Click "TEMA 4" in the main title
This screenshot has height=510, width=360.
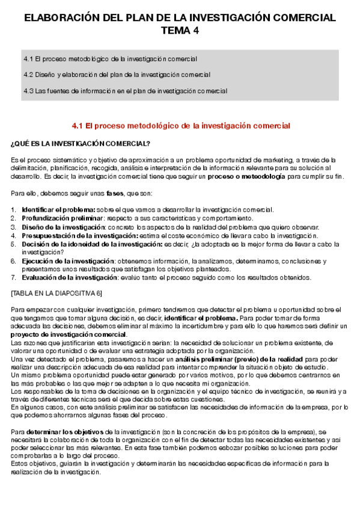coord(179,31)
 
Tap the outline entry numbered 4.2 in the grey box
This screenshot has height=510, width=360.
coord(117,75)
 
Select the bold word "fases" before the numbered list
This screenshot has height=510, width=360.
coord(115,194)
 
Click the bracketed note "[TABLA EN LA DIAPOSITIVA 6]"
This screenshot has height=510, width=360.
coord(57,293)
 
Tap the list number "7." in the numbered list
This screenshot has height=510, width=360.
coord(14,278)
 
